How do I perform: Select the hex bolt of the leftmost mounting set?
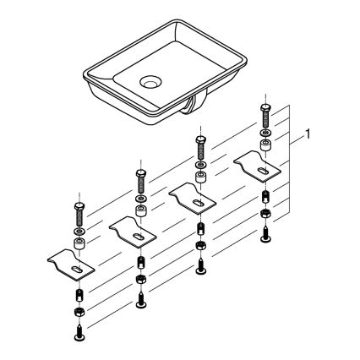click(78, 214)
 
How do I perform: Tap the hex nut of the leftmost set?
click(78, 314)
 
